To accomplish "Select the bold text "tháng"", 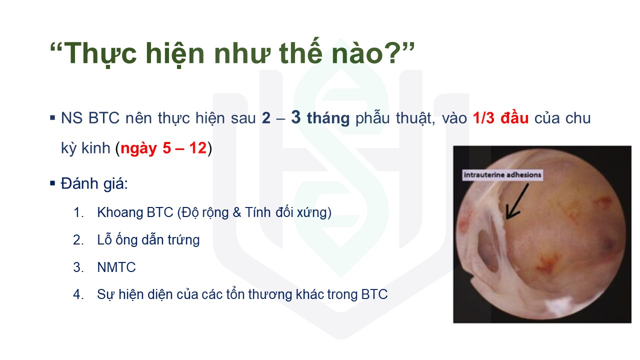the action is tap(328, 118).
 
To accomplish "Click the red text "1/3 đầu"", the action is tap(500, 117).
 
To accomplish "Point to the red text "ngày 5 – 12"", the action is tap(163, 148).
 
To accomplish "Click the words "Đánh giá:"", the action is tap(94, 183).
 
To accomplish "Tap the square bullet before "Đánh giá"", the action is tap(52, 183).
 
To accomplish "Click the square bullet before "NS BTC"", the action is tap(52, 117).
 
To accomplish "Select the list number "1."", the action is tap(78, 212).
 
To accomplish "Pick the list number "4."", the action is tap(78, 294).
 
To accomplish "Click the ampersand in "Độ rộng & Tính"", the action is tap(237, 212).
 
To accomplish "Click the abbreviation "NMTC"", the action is tap(116, 267).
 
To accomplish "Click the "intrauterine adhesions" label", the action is tap(502, 175).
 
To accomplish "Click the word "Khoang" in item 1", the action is tap(120, 212).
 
